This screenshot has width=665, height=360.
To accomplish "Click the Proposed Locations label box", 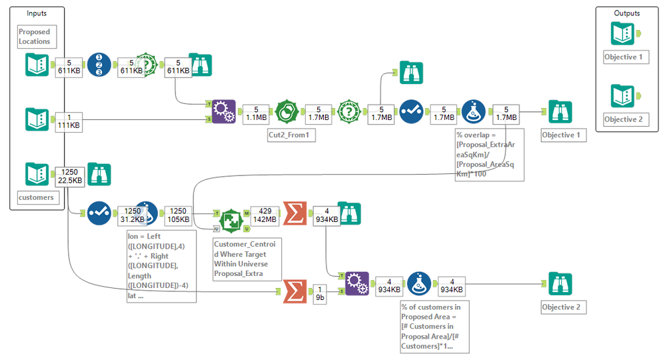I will point(34,37).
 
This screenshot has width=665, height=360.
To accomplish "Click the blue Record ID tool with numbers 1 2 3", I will point(99,65).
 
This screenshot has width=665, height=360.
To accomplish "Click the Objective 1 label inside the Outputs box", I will point(626,57).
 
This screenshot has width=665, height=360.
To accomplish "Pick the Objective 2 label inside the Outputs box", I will point(626,120).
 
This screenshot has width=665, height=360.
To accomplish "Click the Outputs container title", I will point(627,13).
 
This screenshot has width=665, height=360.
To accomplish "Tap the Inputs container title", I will point(37,13).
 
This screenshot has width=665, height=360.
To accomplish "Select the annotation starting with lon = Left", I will point(161,266).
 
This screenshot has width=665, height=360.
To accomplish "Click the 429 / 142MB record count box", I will point(264,214).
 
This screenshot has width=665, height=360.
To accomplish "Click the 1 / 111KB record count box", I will point(69,120).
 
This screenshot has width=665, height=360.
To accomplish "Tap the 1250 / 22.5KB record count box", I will point(69,175).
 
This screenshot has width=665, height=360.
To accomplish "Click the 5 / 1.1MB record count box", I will point(256,113).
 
